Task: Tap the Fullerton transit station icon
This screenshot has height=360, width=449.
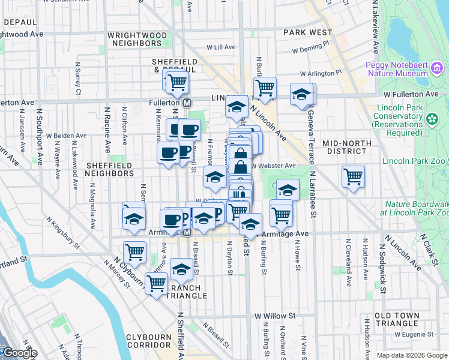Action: [187, 103]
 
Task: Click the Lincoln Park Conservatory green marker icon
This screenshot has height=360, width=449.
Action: [432, 119]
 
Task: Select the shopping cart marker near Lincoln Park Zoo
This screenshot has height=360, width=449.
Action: [353, 177]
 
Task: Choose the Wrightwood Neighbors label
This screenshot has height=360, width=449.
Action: [137, 40]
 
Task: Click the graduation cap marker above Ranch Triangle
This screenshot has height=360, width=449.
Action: [181, 269]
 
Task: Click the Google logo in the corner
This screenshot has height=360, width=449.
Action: [19, 353]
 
